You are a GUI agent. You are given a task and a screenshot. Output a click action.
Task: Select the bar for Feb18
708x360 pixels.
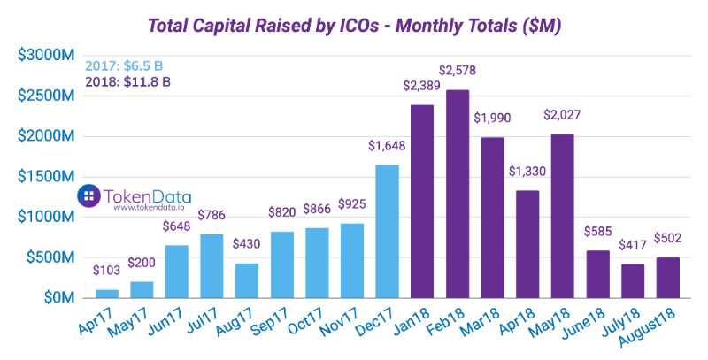(458, 194)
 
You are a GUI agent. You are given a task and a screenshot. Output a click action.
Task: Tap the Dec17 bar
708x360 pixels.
(388, 231)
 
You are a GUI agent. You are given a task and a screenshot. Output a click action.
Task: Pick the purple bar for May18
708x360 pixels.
(562, 216)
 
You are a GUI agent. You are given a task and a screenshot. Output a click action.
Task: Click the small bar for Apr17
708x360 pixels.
(107, 293)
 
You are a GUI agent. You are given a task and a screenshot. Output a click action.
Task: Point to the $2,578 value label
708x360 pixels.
(458, 69)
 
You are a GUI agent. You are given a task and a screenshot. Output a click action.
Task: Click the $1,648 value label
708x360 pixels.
(388, 145)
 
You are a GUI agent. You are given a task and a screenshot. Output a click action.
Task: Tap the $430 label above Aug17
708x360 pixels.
(247, 243)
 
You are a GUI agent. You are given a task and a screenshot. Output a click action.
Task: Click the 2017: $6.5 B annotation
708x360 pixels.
(125, 66)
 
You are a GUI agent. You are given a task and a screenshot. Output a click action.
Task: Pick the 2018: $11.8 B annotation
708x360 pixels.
(128, 82)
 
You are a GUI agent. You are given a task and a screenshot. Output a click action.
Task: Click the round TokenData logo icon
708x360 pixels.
(88, 196)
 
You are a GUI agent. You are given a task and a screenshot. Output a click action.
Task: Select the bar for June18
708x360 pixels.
(596, 274)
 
